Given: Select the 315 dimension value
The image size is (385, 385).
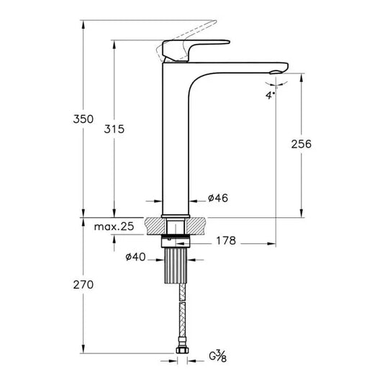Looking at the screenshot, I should point(114,129).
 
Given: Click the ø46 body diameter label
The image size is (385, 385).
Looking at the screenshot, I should point(217,199).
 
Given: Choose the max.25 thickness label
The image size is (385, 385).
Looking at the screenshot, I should point(114,227).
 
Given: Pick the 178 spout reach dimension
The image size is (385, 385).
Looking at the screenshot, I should point(225,240).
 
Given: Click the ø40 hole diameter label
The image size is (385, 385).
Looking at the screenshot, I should point(137,256).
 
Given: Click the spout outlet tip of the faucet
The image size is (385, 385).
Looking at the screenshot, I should point(277,70).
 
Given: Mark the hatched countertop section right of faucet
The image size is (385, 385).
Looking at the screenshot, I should point(199,225).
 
